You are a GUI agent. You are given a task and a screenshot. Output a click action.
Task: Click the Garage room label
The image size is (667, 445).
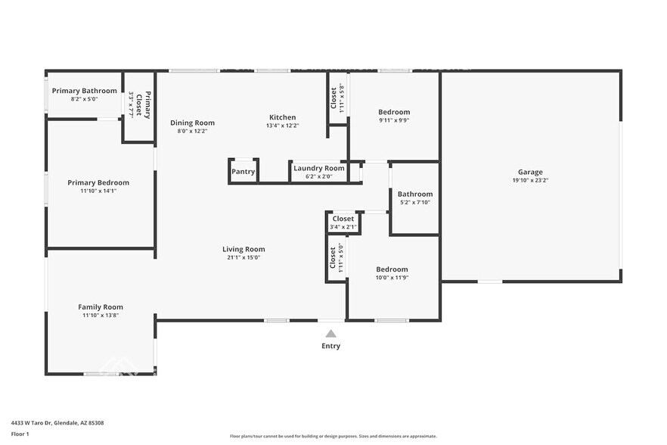(x=529, y=172)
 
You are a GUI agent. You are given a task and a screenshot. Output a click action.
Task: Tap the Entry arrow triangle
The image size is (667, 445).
(x=330, y=334)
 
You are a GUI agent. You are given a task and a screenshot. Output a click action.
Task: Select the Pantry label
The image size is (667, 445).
(x=243, y=172)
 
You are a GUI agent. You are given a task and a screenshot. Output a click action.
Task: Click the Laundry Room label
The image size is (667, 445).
(x=318, y=168)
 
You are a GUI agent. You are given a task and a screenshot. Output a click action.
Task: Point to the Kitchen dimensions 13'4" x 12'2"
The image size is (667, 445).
(x=282, y=126)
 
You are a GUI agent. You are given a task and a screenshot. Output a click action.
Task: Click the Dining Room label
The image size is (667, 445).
(x=192, y=123)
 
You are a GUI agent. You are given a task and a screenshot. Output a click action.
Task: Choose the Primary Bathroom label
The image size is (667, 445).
(x=84, y=91)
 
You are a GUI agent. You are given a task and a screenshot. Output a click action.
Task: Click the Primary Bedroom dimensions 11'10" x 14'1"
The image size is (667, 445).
(x=98, y=191)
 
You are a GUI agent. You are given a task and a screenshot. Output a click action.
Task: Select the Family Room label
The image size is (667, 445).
(x=101, y=307)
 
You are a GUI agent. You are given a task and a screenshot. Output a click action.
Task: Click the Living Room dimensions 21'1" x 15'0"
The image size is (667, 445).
(x=243, y=257)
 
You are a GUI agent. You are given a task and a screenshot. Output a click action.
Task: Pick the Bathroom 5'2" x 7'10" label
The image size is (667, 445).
(x=415, y=194)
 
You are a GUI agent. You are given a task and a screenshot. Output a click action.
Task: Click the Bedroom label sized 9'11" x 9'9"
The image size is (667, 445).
(x=394, y=112)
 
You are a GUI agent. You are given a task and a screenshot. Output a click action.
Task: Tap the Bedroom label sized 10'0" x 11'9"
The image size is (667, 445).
(x=392, y=269)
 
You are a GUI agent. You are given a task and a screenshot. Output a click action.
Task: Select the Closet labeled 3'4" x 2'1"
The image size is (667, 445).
(x=343, y=219)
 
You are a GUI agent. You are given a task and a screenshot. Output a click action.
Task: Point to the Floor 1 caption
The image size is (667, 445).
(x=20, y=434)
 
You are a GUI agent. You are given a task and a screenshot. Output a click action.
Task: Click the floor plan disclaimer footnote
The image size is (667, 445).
(x=333, y=436)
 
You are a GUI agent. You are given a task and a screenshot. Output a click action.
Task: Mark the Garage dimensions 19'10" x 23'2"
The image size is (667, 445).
(x=529, y=180)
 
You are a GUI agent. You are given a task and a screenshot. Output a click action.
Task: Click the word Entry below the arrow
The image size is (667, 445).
(x=330, y=346)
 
